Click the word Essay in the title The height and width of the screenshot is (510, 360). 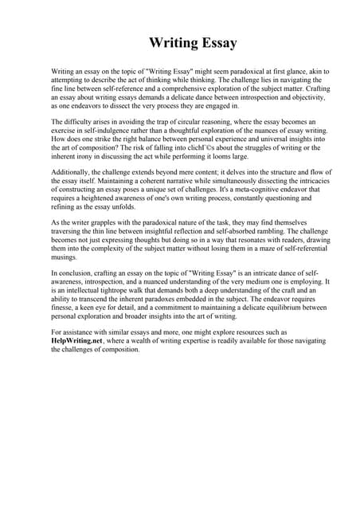[211, 41]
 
